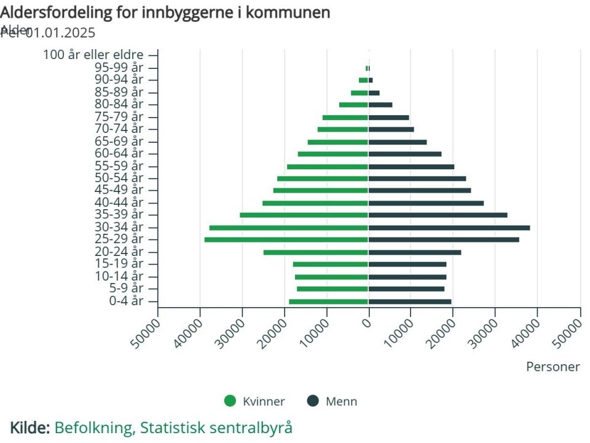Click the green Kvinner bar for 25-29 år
pos(286,239)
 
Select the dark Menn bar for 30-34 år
pos(449,228)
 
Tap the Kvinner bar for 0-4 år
pos(328,301)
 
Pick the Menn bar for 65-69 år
pos(398,142)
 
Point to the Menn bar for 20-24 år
pos(415,252)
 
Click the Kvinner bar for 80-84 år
pos(353,105)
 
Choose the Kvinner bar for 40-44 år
pos(315,203)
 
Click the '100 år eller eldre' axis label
pos(93,55)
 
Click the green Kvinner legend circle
pos(230,401)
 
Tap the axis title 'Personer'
pos(553,367)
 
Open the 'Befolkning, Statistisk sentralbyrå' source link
pos(173,427)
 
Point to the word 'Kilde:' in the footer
pos(29,427)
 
